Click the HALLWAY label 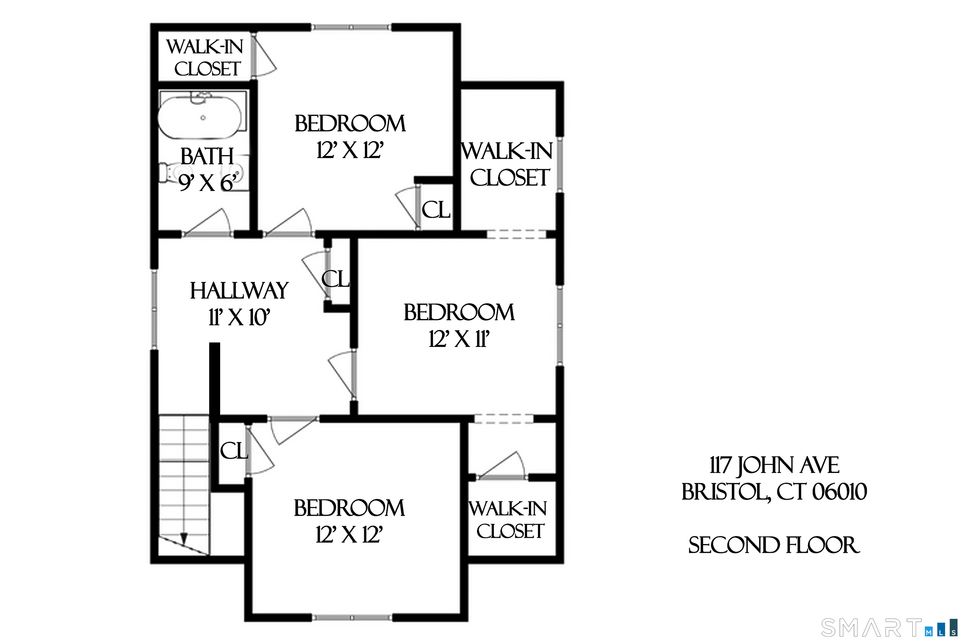click(x=239, y=291)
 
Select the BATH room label click(x=207, y=157)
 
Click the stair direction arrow click(x=184, y=538)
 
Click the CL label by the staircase click(x=234, y=451)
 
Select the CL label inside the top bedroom click(x=436, y=210)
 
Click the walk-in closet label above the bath click(x=205, y=58)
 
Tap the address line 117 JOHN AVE click(x=774, y=465)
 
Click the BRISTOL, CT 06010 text click(x=774, y=492)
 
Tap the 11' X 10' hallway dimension click(x=239, y=317)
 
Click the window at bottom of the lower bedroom click(x=352, y=629)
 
